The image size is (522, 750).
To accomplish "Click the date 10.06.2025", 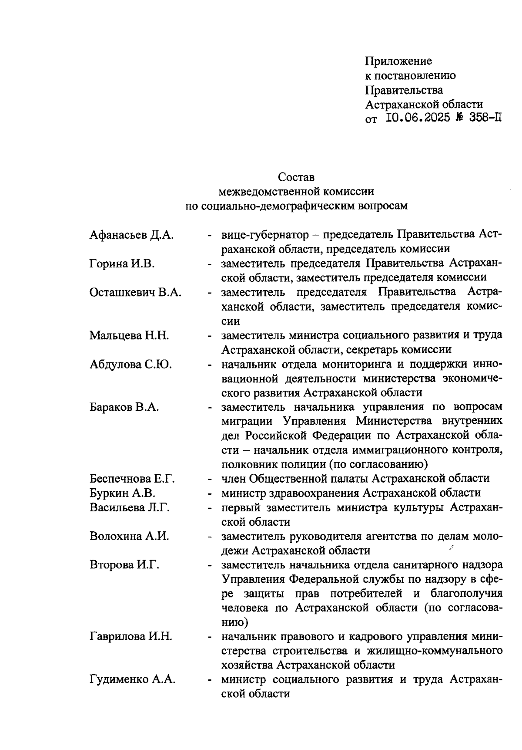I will pyautogui.click(x=418, y=118).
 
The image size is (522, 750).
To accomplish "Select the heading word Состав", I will pyautogui.click(x=296, y=177).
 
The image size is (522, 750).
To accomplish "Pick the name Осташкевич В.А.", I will pyautogui.click(x=135, y=292).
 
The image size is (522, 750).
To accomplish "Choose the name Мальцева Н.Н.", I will pyautogui.click(x=129, y=335).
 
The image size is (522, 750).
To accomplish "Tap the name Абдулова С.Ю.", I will pyautogui.click(x=130, y=364).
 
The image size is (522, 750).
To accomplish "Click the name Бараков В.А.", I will pyautogui.click(x=124, y=407).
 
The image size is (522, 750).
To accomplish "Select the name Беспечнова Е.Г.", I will pyautogui.click(x=132, y=479).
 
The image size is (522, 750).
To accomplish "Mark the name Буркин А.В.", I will pyautogui.click(x=123, y=493).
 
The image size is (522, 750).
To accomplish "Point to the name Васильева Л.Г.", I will pyautogui.click(x=130, y=507).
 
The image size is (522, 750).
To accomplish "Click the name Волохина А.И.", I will pyautogui.click(x=129, y=536).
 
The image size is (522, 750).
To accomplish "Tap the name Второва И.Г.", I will pyautogui.click(x=124, y=565).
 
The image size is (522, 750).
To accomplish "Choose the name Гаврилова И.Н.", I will pyautogui.click(x=131, y=637).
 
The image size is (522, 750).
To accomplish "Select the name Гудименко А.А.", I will pyautogui.click(x=133, y=679).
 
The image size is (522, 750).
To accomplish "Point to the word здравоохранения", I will pyautogui.click(x=304, y=493).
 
